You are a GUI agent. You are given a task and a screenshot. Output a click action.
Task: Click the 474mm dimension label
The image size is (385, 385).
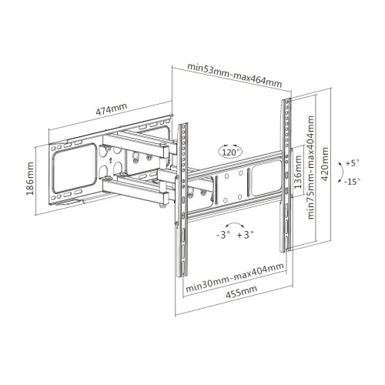112,109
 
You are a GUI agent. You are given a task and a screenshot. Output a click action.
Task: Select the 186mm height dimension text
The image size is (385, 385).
30,179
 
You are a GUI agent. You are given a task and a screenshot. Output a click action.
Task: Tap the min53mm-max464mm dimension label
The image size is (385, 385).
235,75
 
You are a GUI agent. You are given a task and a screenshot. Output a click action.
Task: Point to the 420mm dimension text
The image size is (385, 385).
325,164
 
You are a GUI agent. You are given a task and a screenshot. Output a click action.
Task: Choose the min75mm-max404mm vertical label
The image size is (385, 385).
311,167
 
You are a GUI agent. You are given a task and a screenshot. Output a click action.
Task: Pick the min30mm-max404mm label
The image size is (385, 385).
235,277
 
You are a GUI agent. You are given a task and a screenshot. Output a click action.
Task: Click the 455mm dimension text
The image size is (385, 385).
241,292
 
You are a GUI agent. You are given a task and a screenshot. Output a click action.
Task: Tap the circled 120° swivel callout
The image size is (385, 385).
230,152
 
